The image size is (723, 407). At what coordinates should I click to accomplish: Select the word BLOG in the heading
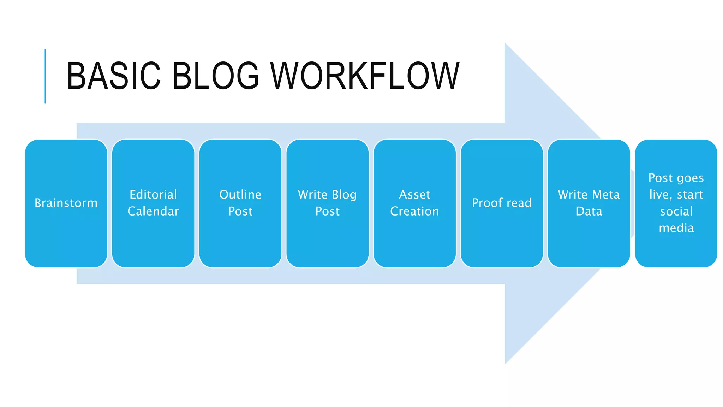[x=215, y=76]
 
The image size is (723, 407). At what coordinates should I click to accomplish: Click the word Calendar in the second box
[x=153, y=211]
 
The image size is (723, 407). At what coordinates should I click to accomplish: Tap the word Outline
[x=240, y=195]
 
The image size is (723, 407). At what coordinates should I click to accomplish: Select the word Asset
[x=415, y=195]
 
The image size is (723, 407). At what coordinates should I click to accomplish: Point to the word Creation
[x=415, y=211]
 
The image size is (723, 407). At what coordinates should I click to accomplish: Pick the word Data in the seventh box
[x=589, y=211]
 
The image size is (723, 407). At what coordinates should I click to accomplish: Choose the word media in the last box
[x=676, y=228]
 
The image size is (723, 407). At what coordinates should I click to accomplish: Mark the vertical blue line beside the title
[x=45, y=76]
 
